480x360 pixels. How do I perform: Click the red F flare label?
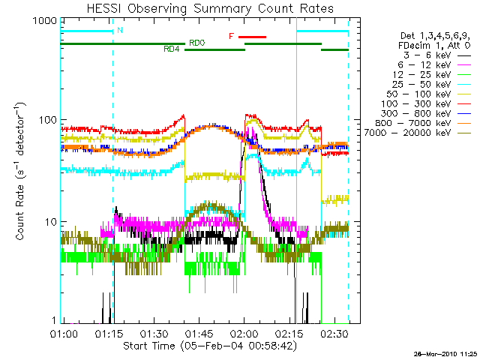click(232, 36)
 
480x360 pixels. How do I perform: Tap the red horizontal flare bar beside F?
click(253, 36)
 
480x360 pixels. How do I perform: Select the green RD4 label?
click(171, 49)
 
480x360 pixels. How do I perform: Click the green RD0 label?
click(197, 43)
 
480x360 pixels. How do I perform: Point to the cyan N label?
click(121, 31)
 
